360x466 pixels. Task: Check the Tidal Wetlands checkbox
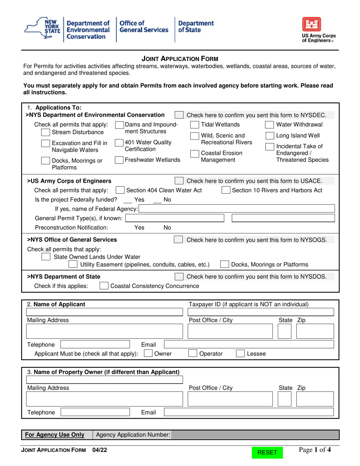tap(194, 125)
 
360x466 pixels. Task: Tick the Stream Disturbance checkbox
tap(45, 132)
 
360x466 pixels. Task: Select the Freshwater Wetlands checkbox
tap(119, 160)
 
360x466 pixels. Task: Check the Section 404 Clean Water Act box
tap(120, 190)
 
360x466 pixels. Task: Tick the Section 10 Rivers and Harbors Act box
tap(225, 190)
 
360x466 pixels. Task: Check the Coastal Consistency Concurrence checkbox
tap(103, 286)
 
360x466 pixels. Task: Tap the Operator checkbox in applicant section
tap(193, 354)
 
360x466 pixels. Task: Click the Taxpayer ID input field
tap(261, 312)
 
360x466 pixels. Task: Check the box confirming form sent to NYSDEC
tap(179, 115)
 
